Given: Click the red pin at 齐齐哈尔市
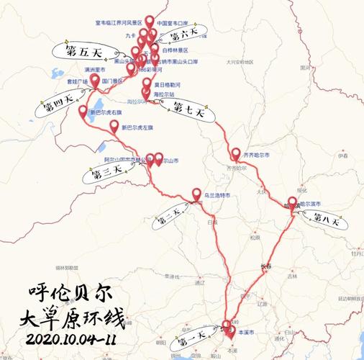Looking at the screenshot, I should (236, 154).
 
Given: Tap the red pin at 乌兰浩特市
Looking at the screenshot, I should (196, 194).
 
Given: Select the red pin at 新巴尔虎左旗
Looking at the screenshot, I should (114, 127).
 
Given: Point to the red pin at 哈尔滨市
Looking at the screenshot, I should (292, 203).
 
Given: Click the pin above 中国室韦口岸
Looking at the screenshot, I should (149, 22).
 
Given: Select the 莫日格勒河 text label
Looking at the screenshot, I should (170, 84).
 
